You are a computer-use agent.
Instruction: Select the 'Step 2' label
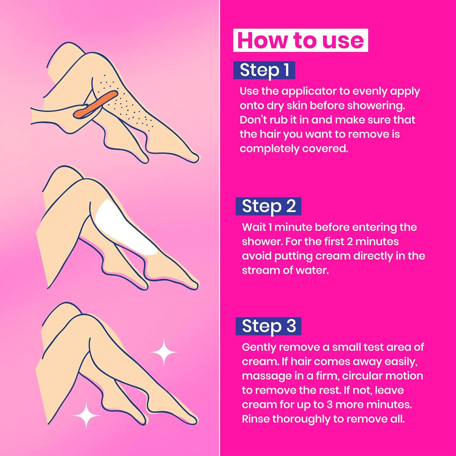(268, 206)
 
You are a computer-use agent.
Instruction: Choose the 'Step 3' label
(268, 326)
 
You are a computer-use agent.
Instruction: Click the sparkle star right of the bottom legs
(163, 352)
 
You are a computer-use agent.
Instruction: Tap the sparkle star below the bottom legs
(86, 415)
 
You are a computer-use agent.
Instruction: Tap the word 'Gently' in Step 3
(261, 347)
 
